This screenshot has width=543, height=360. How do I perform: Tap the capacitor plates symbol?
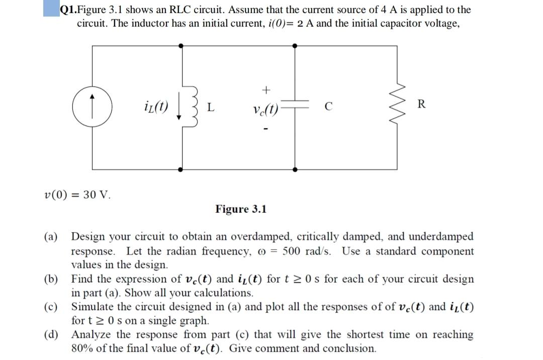click(295, 107)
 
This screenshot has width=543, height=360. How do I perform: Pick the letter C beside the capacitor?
click(328, 107)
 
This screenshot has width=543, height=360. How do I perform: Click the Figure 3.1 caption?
click(241, 209)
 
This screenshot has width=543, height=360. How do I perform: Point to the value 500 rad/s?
click(306, 251)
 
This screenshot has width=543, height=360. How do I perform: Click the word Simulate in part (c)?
click(96, 307)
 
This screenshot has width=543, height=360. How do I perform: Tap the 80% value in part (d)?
click(84, 348)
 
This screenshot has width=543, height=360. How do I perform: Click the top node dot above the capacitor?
click(295, 46)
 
